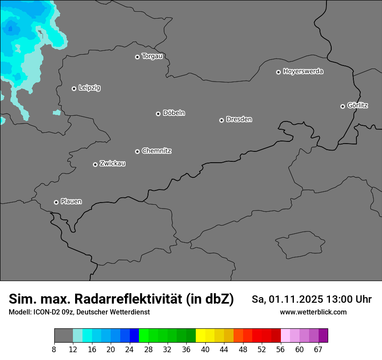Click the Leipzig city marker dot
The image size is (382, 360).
pos(74,88)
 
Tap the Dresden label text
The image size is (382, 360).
pos(239,119)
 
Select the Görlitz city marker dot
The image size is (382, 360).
pos(342,106)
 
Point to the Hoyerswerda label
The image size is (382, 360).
pos(303,72)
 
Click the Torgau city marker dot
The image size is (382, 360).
pos(137,57)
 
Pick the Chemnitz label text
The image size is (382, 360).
pos(156,151)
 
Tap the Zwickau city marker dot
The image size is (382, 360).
pos(95,164)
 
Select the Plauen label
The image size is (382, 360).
pos(71,202)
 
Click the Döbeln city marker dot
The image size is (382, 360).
pos(158,114)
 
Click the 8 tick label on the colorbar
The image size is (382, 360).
pos(54,350)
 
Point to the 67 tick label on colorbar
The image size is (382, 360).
pos(318,350)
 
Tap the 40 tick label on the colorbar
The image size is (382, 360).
pos(205,350)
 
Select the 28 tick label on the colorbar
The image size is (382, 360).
pos(148,350)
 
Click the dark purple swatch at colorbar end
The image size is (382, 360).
pos(323,336)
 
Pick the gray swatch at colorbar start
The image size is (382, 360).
pos(63,336)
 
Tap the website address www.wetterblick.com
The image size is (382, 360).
pos(313,312)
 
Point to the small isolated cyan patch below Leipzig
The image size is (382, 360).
pos(57,113)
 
